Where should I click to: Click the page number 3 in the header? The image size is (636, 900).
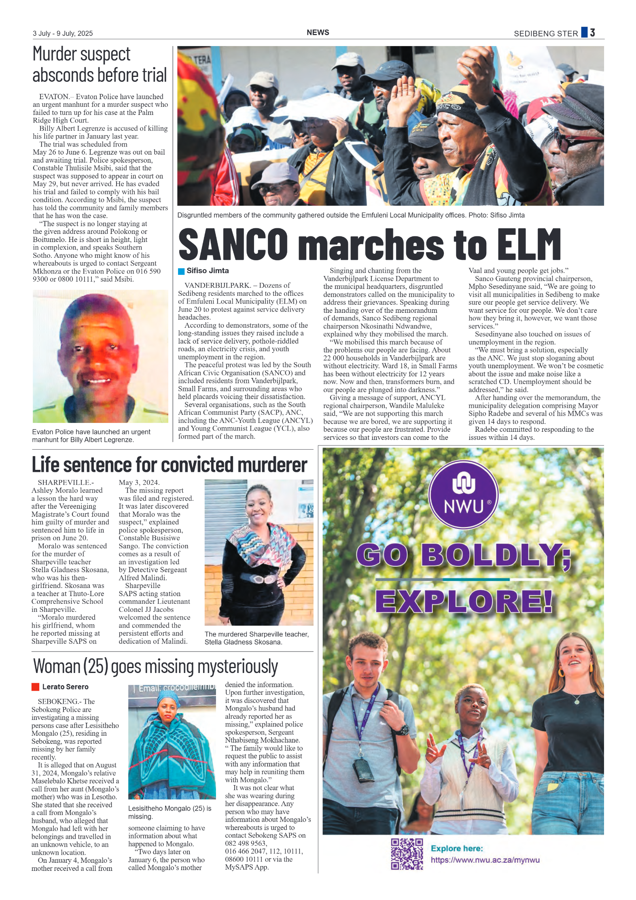592,32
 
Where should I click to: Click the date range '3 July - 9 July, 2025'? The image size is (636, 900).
63,33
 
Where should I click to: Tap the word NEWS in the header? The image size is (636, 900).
318,32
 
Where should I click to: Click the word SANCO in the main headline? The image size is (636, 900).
233,244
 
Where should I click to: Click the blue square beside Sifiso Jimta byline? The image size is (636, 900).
181,271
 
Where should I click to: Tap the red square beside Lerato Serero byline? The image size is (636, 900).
35,687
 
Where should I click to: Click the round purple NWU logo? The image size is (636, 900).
463,495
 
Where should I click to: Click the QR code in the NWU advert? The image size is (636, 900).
407,854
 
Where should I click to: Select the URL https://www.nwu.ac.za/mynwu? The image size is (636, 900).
485,860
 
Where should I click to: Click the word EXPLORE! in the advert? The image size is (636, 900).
464,601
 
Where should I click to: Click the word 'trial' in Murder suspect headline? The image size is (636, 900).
154,75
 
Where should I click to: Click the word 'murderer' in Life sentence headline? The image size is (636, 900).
272,465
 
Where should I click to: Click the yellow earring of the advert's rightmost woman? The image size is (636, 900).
561,672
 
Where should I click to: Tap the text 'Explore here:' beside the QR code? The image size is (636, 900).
457,848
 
